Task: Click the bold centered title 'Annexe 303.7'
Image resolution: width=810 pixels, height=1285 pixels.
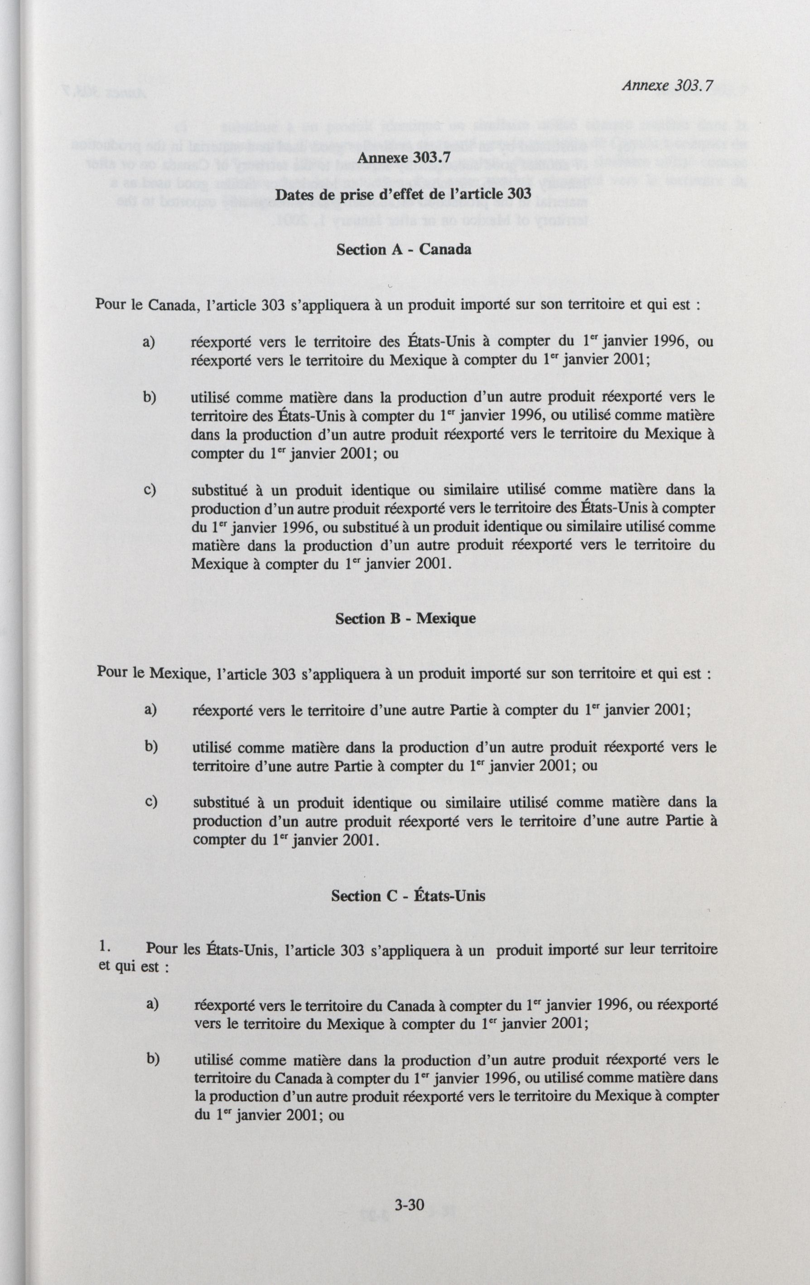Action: [403, 158]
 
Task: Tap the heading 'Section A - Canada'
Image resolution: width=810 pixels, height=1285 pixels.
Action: [403, 249]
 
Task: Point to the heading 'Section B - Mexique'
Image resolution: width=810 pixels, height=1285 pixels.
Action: [405, 619]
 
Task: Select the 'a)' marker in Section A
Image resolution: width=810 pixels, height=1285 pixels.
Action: [148, 341]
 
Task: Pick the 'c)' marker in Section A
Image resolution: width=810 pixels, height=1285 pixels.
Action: [149, 489]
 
